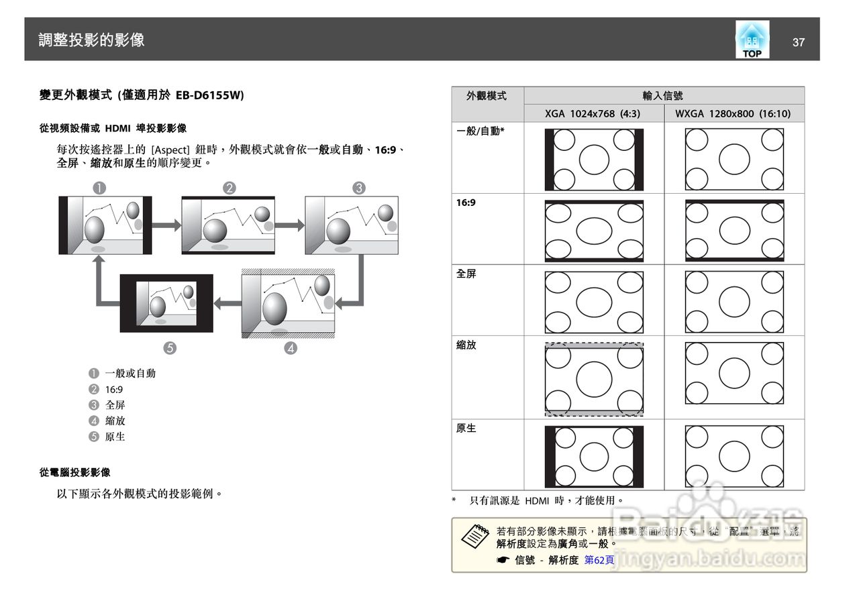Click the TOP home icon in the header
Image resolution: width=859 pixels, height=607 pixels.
coord(752,40)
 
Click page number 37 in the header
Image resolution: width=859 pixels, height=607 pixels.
coord(798,42)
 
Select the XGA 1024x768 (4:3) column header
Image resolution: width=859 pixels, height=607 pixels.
coord(593,113)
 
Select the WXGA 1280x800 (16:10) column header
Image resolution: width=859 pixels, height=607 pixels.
coord(733,113)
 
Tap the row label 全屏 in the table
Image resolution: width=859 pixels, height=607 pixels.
coord(466,274)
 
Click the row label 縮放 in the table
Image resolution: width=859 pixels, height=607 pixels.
coord(466,345)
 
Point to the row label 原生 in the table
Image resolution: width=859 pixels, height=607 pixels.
coord(466,428)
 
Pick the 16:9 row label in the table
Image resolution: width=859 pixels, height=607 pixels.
coord(466,202)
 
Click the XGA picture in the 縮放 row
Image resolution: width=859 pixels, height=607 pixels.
coord(594,379)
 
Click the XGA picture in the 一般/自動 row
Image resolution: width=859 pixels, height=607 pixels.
coord(594,160)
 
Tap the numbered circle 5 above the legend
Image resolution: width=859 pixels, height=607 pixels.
coord(170,347)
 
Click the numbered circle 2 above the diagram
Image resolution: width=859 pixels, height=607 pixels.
coord(230,188)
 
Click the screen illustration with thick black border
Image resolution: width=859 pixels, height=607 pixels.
coord(166,303)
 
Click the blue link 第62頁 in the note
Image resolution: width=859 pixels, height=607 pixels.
coord(599,560)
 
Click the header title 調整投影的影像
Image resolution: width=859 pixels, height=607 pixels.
coord(91,40)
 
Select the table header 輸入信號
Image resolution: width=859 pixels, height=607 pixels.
coord(663,96)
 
